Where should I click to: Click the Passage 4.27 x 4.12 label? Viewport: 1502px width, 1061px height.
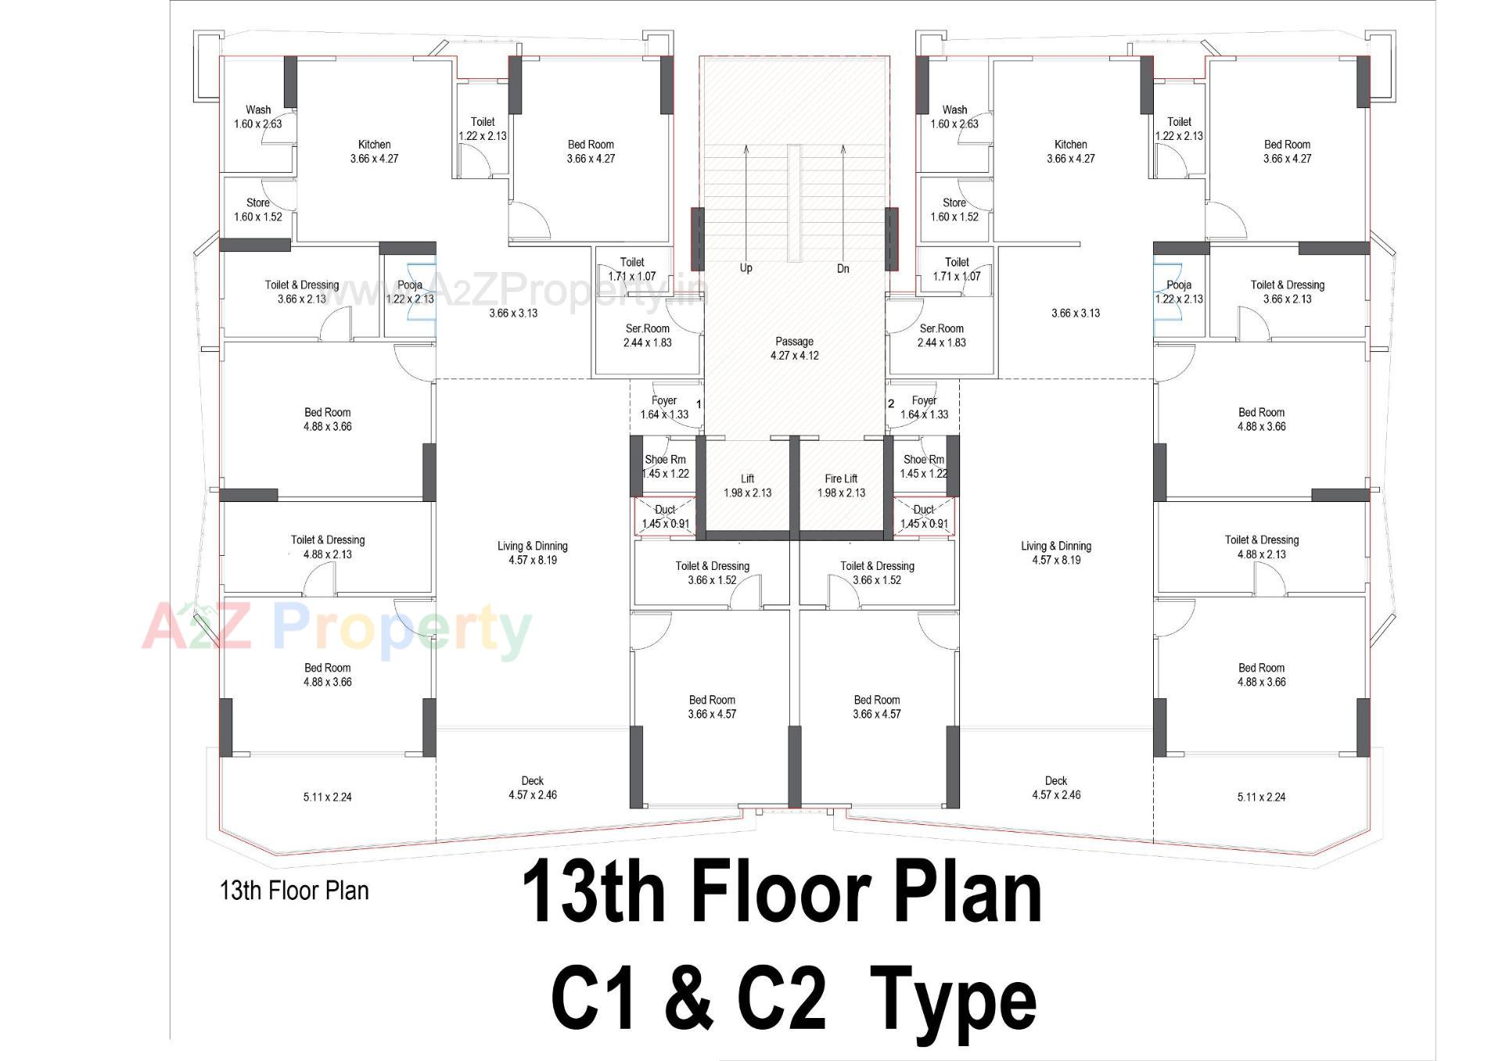coord(794,348)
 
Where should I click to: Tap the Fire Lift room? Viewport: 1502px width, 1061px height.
coord(841,486)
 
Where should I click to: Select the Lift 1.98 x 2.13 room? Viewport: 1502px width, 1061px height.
coord(747,486)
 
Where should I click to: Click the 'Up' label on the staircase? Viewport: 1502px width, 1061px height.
coord(746,268)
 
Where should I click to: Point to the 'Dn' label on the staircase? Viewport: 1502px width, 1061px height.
coord(843,268)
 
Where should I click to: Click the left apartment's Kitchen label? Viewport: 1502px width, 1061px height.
coord(374,151)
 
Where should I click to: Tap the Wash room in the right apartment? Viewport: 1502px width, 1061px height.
coord(954,116)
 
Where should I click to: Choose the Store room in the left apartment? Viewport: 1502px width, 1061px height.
coord(258,210)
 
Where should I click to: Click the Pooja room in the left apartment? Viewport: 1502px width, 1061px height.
coord(409,292)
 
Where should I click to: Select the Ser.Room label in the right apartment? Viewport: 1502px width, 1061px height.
coord(941,335)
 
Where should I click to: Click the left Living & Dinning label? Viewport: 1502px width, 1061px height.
coord(532,553)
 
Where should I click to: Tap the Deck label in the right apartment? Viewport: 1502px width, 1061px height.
coord(1055,787)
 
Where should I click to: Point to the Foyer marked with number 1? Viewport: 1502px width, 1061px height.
coord(664,407)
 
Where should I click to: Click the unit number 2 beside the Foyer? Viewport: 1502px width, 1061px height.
coord(891,403)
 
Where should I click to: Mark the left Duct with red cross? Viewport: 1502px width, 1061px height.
coord(665,516)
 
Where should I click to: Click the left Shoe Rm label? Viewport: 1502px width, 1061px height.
coord(665,466)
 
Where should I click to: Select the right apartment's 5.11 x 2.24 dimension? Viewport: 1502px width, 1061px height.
coord(1261,797)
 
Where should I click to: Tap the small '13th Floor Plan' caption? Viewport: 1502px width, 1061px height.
coord(294,891)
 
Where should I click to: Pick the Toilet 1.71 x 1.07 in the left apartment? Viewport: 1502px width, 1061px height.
coord(632,269)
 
